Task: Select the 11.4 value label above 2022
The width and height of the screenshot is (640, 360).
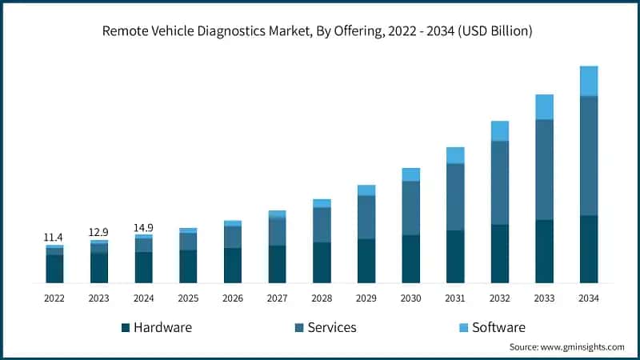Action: tap(54, 238)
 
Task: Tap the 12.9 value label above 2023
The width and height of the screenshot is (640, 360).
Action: tap(98, 232)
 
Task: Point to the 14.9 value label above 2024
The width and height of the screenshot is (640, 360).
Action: tap(143, 226)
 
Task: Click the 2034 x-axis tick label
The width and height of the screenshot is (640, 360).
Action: tap(588, 297)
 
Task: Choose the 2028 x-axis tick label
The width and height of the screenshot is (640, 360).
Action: tap(322, 297)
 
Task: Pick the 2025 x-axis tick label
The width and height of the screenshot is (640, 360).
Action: tap(188, 297)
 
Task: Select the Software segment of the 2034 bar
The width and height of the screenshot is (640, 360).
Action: tap(589, 81)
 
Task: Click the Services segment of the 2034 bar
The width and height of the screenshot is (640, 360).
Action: tap(589, 156)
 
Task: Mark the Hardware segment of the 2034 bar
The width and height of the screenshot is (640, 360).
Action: tap(589, 249)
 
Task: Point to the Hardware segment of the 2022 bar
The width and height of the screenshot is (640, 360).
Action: tap(54, 269)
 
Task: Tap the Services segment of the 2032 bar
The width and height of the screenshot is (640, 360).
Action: tap(500, 182)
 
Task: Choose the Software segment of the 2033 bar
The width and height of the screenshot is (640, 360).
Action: tap(544, 106)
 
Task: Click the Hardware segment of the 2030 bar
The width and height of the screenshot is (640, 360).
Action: tap(410, 258)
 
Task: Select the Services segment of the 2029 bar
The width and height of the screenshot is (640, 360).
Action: tap(366, 217)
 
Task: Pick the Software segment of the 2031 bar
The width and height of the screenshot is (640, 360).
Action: tap(455, 155)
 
